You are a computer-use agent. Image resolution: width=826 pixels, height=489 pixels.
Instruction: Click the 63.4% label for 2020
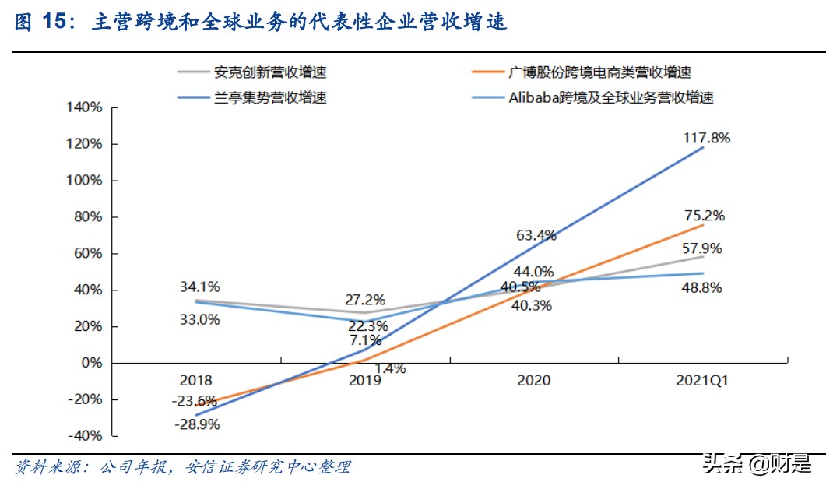click(x=535, y=235)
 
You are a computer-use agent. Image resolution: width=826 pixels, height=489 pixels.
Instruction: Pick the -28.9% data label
click(x=197, y=424)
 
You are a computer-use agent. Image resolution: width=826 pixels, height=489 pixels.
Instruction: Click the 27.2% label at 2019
click(x=365, y=300)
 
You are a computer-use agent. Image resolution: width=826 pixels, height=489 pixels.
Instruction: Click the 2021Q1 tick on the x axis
click(x=701, y=381)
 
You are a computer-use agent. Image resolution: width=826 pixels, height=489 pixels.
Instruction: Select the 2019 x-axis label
click(x=365, y=381)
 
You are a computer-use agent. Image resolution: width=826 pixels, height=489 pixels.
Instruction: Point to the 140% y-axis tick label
click(x=84, y=108)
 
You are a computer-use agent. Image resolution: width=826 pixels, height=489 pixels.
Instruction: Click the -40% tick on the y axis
click(x=84, y=435)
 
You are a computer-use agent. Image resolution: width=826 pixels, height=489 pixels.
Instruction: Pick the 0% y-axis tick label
click(x=92, y=363)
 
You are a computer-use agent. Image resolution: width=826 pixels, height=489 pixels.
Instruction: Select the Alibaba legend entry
click(x=610, y=97)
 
